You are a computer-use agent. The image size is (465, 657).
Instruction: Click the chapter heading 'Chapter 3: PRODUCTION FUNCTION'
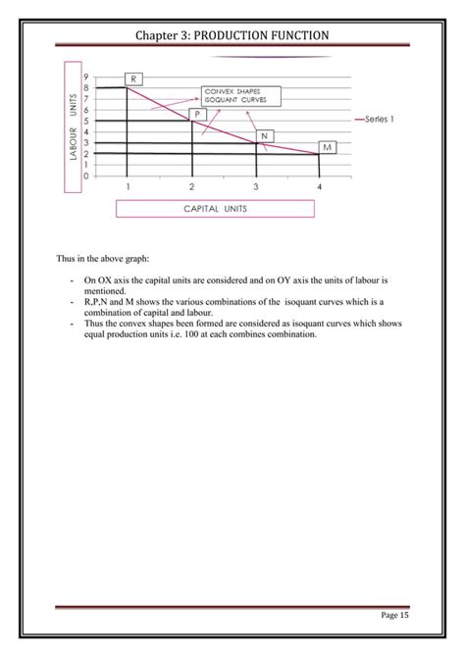pyautogui.click(x=232, y=35)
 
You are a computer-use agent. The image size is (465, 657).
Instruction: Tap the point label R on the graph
pyautogui.click(x=133, y=76)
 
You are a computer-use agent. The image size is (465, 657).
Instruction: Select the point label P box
pyautogui.click(x=198, y=114)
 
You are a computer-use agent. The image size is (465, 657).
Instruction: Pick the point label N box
pyautogui.click(x=265, y=134)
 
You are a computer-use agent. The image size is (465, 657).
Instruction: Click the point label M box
pyautogui.click(x=328, y=147)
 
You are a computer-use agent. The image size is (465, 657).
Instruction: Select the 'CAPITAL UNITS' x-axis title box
pyautogui.click(x=215, y=208)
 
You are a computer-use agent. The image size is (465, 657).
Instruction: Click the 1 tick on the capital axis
pyautogui.click(x=128, y=186)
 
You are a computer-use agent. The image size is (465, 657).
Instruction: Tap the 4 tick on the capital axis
pyautogui.click(x=319, y=186)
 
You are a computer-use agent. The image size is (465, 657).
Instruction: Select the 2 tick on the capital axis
pyautogui.click(x=191, y=186)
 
